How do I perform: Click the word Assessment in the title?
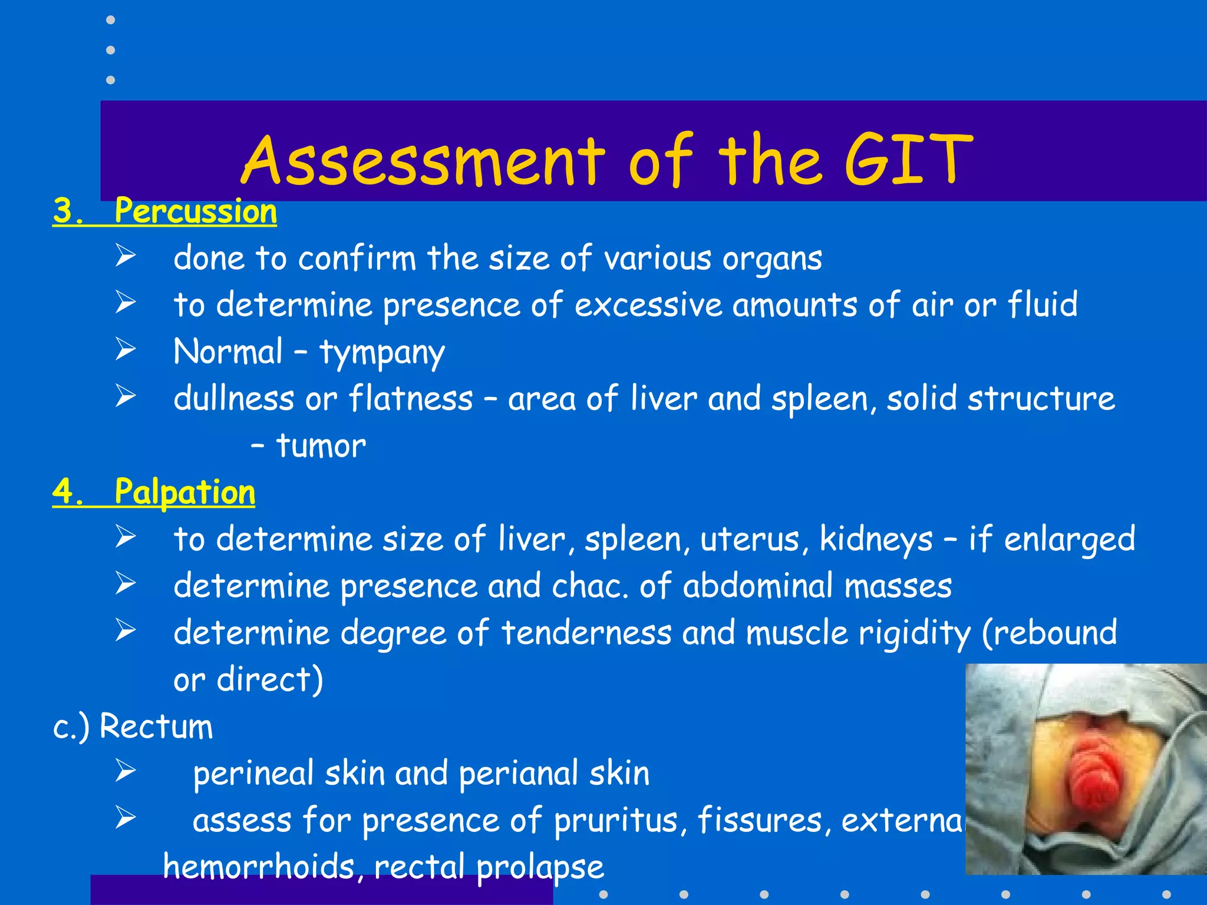point(423,160)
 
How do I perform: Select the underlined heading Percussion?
point(195,211)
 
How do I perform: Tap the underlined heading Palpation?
point(184,492)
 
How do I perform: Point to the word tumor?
point(321,446)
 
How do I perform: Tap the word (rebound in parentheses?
point(1049,633)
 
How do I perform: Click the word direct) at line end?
point(270,679)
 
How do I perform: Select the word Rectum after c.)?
point(156,726)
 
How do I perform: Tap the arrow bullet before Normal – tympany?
point(126,349)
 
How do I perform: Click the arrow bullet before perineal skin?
point(126,770)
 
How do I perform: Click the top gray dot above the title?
point(110,20)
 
